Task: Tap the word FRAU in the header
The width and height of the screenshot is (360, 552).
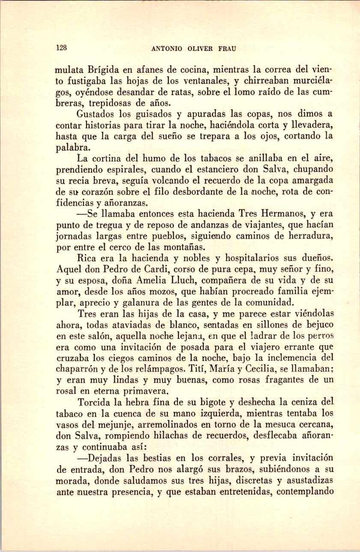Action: [x=226, y=48]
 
